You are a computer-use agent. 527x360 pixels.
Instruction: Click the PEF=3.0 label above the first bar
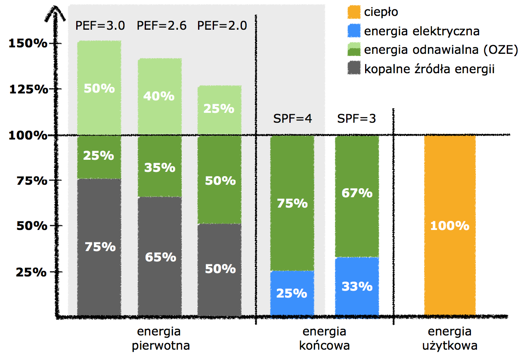100,26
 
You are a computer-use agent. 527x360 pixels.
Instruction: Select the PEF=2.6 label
161,26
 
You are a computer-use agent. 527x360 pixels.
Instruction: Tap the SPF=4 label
292,118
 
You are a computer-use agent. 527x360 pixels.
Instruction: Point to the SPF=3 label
356,118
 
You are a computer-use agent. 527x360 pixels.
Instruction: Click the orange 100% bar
450,225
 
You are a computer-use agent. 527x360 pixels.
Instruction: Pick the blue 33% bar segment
357,286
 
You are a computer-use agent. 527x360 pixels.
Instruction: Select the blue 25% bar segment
292,293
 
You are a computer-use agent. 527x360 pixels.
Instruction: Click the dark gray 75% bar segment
99,247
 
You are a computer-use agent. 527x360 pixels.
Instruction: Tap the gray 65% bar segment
160,257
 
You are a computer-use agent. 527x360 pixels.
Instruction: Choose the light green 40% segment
159,96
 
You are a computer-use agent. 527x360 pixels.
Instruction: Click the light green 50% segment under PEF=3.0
99,88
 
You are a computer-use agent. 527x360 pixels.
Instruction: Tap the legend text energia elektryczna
422,31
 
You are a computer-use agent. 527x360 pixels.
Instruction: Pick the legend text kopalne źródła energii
429,68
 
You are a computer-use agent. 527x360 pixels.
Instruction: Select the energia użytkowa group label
450,339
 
